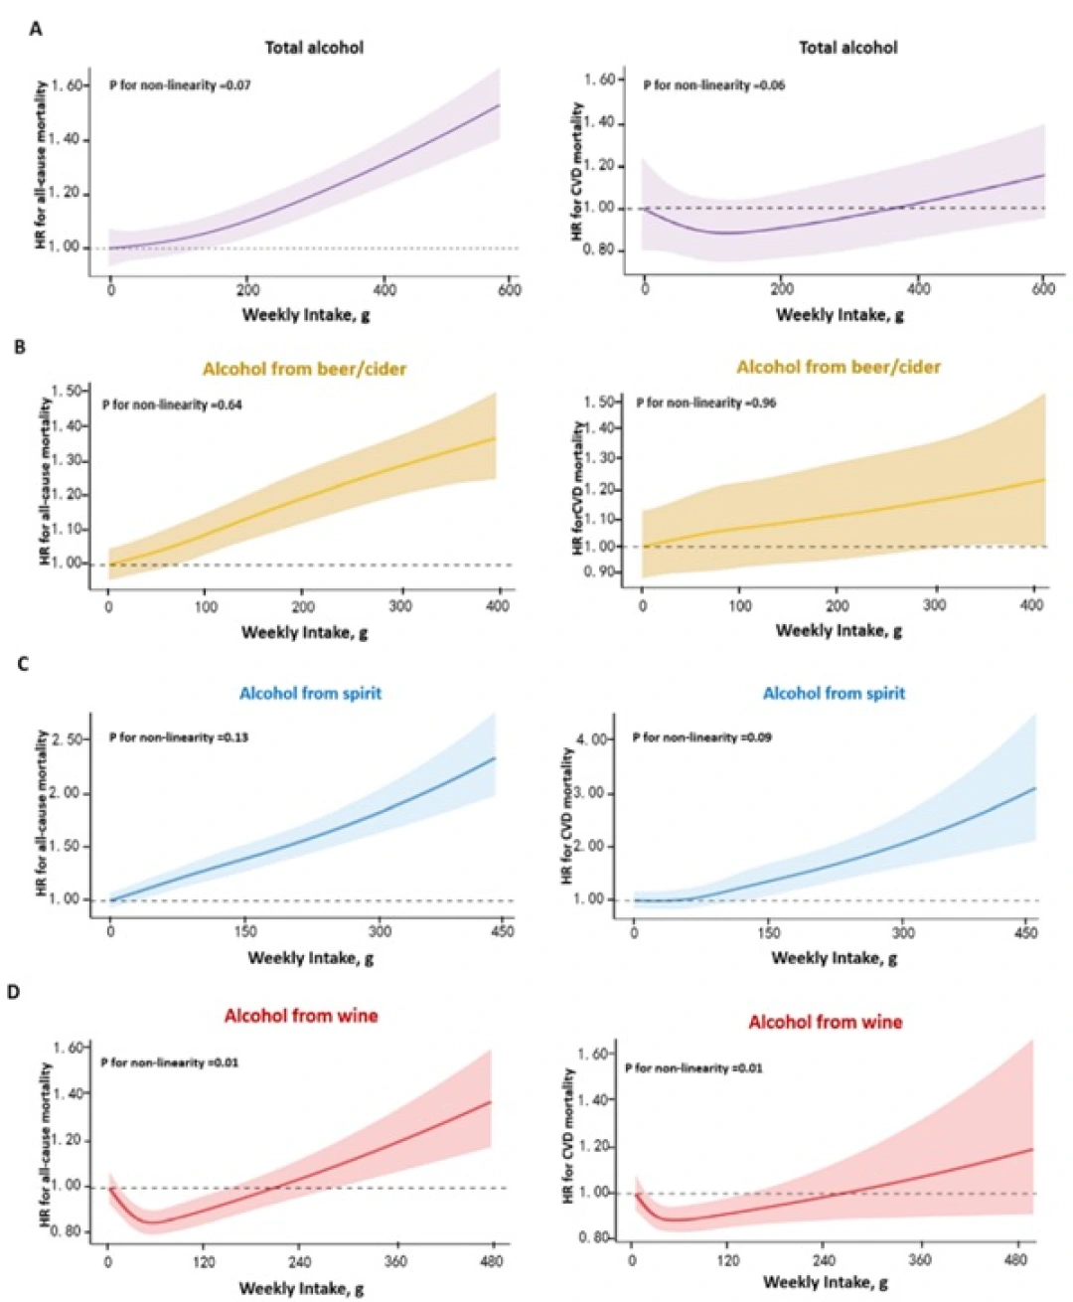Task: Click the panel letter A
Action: tap(36, 29)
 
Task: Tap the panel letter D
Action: tap(14, 992)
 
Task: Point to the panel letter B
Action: tap(20, 347)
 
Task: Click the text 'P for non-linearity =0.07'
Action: tap(180, 85)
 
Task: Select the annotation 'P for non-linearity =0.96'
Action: tap(706, 403)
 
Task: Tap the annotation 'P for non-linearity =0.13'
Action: tap(179, 737)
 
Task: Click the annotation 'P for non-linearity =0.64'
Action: tap(172, 405)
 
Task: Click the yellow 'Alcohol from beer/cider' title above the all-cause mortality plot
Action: tap(304, 369)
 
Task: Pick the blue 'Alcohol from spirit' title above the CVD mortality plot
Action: tap(834, 693)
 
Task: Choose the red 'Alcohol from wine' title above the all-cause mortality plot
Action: tap(301, 1016)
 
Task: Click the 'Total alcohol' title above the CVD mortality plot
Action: tap(848, 47)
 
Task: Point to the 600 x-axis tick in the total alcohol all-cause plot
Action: tap(509, 290)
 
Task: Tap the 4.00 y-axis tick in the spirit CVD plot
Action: tap(594, 740)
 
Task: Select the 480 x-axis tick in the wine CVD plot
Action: tap(1016, 1259)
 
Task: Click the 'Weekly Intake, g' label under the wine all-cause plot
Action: tap(301, 1289)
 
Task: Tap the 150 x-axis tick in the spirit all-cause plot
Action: tap(245, 931)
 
